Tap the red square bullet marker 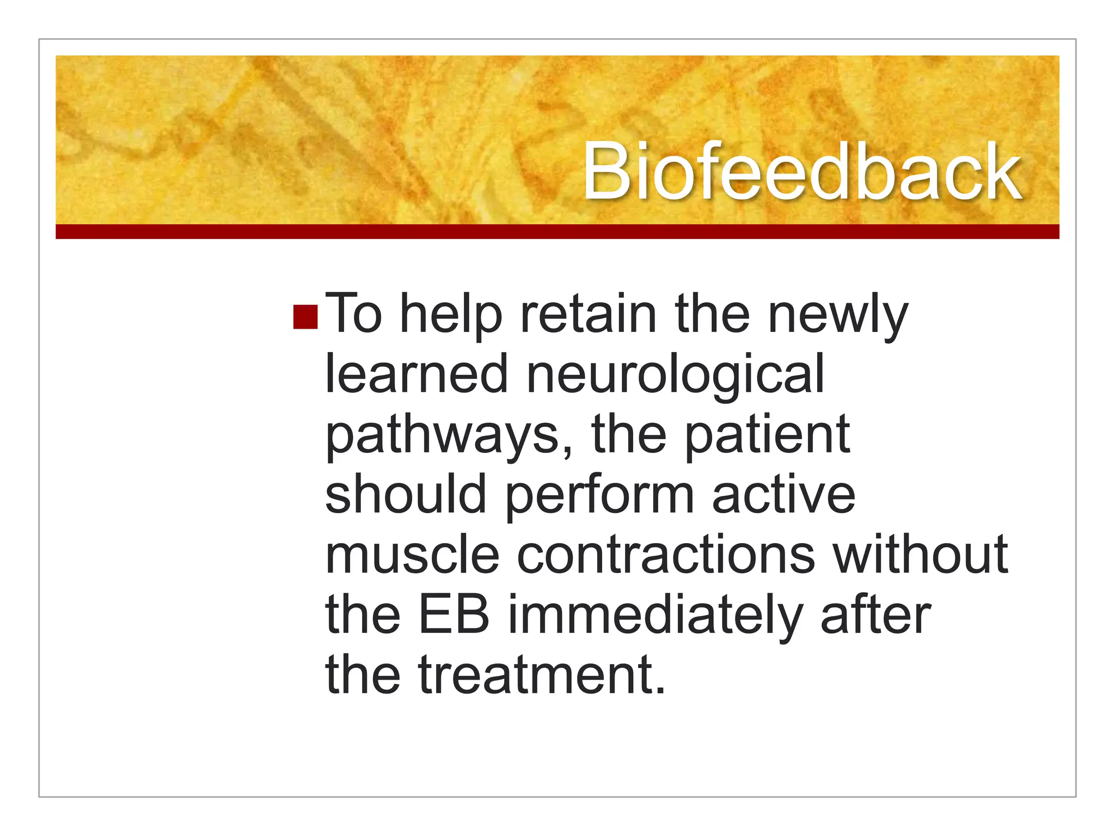pyautogui.click(x=305, y=317)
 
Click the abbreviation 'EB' pyautogui.click(x=454, y=615)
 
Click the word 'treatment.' pyautogui.click(x=542, y=675)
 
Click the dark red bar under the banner pyautogui.click(x=557, y=232)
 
